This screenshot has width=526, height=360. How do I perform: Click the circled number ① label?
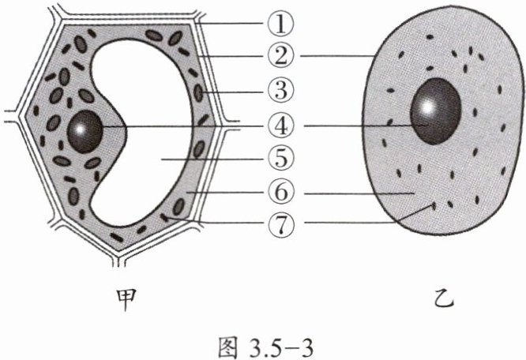[x=280, y=24]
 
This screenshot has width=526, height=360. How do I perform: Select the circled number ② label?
[x=280, y=55]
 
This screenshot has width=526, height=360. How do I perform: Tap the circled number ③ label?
[x=280, y=91]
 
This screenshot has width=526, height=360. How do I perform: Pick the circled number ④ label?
[x=280, y=126]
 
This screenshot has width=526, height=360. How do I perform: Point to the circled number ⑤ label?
[x=280, y=159]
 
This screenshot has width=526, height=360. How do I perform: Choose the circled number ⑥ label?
[x=280, y=193]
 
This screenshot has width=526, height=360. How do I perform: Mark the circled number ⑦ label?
[x=280, y=224]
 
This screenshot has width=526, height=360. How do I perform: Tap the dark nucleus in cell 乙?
[x=435, y=111]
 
